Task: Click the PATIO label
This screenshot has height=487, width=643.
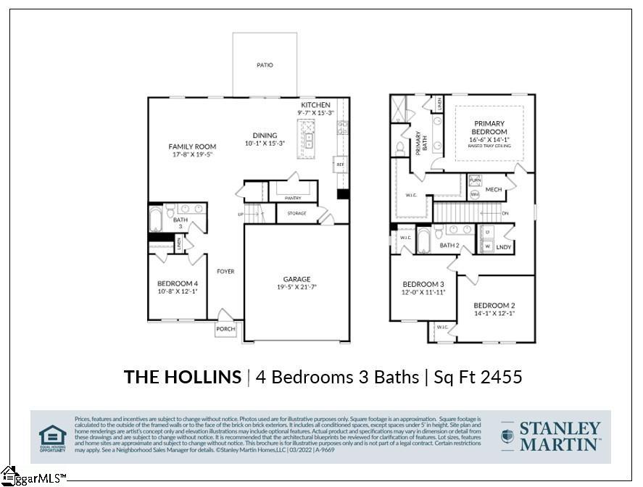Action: (x=265, y=65)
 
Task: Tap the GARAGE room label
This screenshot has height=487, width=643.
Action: (x=296, y=279)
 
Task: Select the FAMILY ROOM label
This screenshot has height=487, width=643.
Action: (x=192, y=146)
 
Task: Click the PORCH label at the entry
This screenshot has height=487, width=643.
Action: (x=225, y=329)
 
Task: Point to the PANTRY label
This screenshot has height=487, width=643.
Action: (x=293, y=198)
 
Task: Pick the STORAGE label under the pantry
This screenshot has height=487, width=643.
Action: (x=296, y=214)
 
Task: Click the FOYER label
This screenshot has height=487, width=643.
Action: (x=225, y=272)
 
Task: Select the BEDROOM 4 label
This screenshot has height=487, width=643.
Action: (x=178, y=283)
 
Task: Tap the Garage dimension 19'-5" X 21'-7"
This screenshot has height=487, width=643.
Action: (x=296, y=287)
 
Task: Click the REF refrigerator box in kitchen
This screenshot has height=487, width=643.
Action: (x=340, y=165)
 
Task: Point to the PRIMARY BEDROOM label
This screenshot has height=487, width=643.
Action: (x=490, y=128)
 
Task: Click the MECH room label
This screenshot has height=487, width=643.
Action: (x=494, y=190)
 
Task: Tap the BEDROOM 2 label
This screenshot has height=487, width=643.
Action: (x=494, y=305)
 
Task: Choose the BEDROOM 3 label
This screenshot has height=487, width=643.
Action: (x=423, y=284)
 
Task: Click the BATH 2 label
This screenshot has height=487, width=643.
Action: (x=449, y=246)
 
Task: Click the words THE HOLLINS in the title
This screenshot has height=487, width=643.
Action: (x=183, y=377)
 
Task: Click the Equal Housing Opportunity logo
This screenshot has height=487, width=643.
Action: (x=52, y=438)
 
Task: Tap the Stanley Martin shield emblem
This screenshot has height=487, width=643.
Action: (x=508, y=436)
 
